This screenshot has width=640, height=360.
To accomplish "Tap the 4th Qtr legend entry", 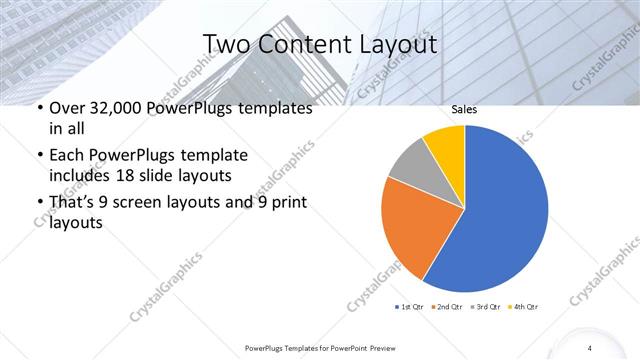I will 522,306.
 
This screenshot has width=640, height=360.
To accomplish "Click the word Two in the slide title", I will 226,45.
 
